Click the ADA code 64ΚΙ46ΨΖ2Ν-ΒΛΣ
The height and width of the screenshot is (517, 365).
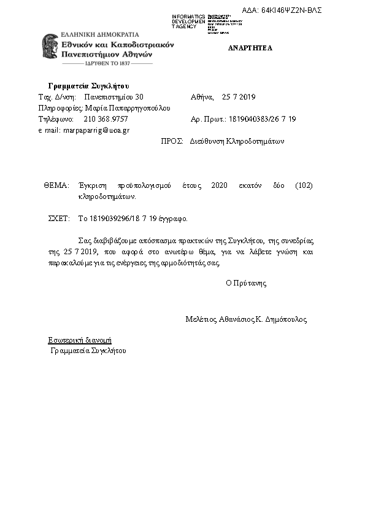click(x=291, y=10)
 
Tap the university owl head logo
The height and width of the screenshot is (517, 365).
click(x=50, y=49)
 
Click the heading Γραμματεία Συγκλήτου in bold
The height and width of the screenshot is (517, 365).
click(x=88, y=85)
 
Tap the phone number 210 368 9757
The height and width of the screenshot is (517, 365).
click(x=106, y=119)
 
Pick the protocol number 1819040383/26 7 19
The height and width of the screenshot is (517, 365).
click(x=266, y=119)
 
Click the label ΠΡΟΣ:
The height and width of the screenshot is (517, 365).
click(x=172, y=141)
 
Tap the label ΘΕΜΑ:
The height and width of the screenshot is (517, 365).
click(x=56, y=185)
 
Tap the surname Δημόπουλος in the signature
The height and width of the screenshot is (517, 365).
click(x=285, y=319)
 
